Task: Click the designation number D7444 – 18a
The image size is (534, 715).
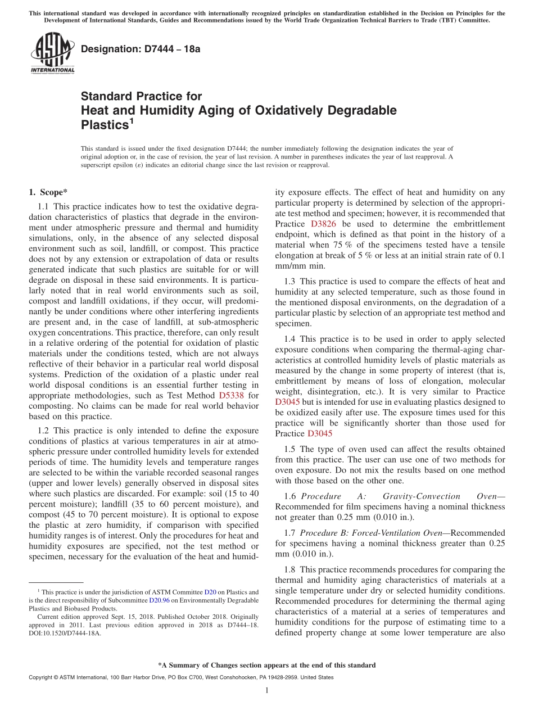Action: (141, 49)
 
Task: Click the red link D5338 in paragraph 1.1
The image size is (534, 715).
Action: (231, 395)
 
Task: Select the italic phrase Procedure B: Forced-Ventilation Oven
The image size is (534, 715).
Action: (375, 532)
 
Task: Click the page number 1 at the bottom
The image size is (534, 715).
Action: (267, 690)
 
